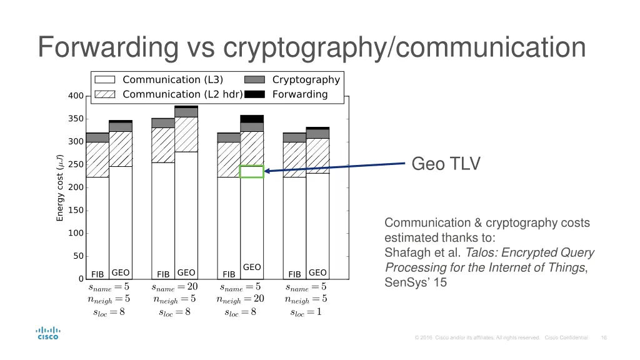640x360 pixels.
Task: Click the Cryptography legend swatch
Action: coord(254,80)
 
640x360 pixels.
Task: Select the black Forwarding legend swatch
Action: coord(254,94)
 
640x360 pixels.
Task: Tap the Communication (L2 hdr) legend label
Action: coord(182,94)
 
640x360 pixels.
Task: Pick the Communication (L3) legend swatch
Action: coord(105,80)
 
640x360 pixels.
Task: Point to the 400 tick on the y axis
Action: coord(76,96)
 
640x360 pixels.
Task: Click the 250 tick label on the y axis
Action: coord(76,165)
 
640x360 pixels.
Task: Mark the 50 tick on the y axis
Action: coord(78,256)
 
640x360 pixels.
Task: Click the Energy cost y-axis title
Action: coord(60,187)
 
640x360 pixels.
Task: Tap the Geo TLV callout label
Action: coord(446,164)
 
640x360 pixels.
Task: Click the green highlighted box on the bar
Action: coord(252,172)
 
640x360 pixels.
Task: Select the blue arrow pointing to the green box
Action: coord(337,167)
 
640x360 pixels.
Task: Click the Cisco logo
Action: coord(47,332)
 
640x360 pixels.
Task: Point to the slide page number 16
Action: coord(603,337)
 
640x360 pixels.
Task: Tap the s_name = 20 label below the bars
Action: coord(174,287)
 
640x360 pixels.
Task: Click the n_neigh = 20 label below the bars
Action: coord(240,299)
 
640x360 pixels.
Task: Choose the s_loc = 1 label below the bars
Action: coord(306,312)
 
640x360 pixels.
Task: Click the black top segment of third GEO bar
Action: coord(252,119)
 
